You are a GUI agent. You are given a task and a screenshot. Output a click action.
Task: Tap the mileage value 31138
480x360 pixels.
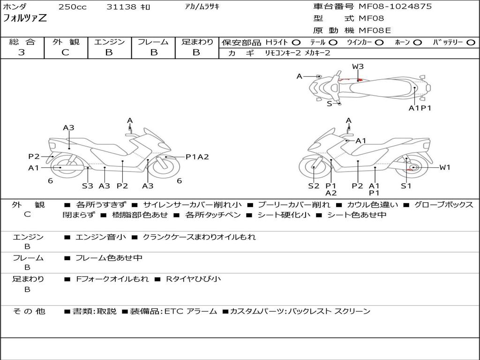tap(121, 7)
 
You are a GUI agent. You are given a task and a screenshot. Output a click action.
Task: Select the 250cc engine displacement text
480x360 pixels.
tap(72, 7)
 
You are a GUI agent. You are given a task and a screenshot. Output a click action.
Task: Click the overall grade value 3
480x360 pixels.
tap(22, 52)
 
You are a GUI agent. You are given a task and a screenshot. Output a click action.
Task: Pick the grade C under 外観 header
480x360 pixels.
tap(65, 52)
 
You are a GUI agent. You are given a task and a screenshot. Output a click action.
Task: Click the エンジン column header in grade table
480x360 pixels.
tap(109, 42)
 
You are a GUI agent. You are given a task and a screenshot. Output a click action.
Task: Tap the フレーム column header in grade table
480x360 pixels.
tap(153, 42)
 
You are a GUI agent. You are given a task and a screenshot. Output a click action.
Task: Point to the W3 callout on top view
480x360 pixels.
tap(358, 67)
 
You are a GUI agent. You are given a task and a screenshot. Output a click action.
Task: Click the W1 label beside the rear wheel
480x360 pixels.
tap(444, 167)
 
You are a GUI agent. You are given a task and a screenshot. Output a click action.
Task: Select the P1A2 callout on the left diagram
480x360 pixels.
tap(197, 157)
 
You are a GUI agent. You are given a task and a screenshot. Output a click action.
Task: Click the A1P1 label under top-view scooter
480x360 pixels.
tap(420, 108)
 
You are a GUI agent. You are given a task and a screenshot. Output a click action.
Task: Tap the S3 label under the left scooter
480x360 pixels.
tap(88, 186)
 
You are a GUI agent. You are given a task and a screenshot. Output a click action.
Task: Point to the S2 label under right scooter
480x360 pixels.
tap(314, 186)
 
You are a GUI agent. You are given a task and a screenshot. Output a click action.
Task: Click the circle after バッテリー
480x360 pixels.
tap(471, 42)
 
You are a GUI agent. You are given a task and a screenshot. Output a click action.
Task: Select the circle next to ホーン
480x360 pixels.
tap(417, 42)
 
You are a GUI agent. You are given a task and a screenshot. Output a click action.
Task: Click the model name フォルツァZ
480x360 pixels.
tap(24, 19)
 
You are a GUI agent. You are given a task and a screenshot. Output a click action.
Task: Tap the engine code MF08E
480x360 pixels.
tap(375, 30)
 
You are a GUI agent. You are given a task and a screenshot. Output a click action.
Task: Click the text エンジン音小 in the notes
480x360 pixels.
tap(101, 237)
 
